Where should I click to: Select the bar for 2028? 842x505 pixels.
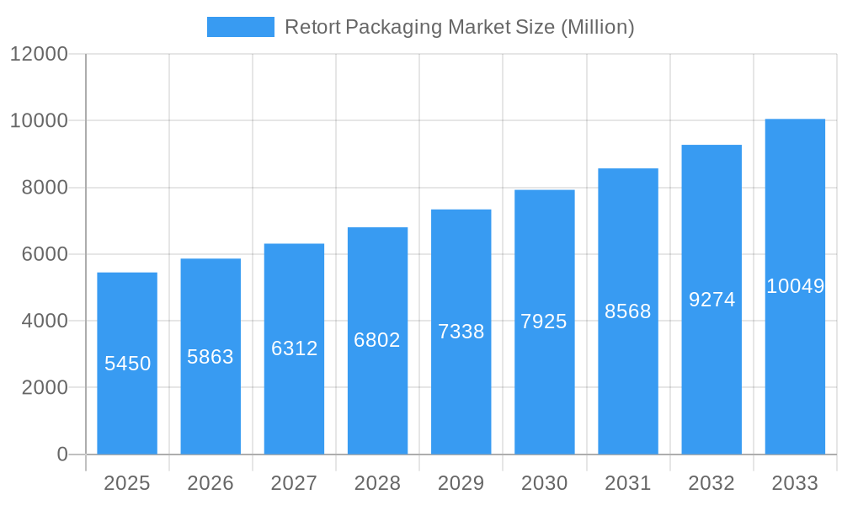[x=377, y=396]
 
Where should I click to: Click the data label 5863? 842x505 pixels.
[x=210, y=357]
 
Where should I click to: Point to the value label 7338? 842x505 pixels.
[x=461, y=332]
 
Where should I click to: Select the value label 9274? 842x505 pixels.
[x=711, y=300]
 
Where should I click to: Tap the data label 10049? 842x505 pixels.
[x=795, y=286]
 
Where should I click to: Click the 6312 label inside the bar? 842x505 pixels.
[x=294, y=348]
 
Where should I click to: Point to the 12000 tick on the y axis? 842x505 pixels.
[x=39, y=54]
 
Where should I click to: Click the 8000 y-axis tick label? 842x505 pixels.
[x=45, y=188]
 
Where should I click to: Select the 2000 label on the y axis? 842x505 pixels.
[x=45, y=388]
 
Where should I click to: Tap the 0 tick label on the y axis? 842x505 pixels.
[x=62, y=454]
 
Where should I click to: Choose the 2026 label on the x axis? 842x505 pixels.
[x=210, y=483]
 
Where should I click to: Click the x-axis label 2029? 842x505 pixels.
[x=461, y=483]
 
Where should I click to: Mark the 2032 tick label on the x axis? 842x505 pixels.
[x=711, y=483]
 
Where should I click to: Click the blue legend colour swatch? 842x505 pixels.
[x=241, y=27]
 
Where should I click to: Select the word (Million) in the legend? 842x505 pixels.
[x=597, y=27]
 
